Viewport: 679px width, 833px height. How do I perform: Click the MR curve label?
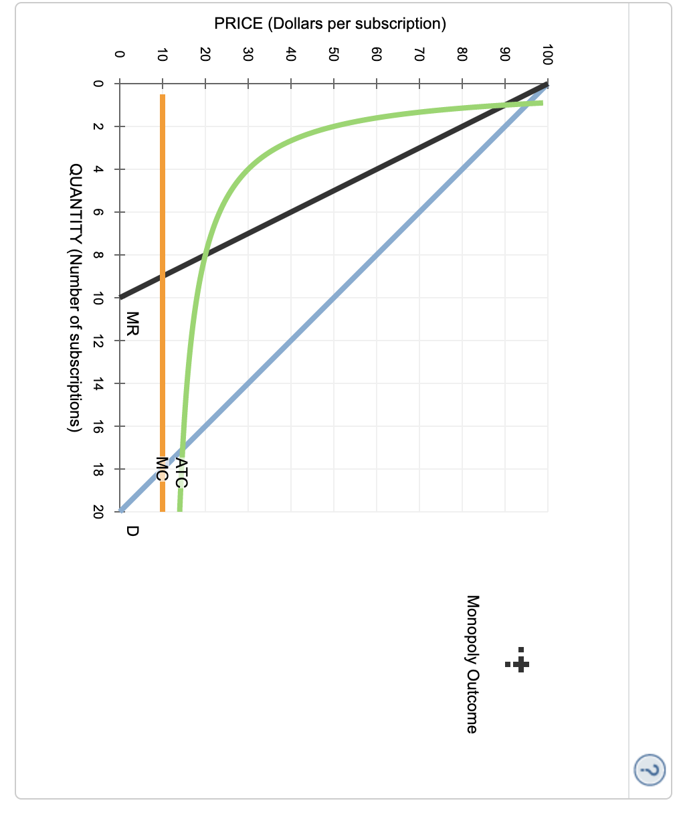click(132, 324)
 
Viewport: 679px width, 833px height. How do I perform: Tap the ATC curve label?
click(181, 473)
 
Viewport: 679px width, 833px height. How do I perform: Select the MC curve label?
click(161, 469)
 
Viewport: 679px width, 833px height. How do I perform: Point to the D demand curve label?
click(132, 531)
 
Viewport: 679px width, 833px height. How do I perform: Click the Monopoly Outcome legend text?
click(472, 664)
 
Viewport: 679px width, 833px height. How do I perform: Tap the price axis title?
click(330, 24)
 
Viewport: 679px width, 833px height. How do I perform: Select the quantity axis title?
click(76, 298)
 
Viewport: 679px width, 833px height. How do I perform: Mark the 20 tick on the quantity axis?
click(98, 512)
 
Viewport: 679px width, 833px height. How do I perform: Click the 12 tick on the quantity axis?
click(98, 341)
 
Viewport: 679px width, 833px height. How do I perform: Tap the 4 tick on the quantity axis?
click(98, 169)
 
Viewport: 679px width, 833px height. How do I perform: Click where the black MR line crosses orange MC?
click(162, 276)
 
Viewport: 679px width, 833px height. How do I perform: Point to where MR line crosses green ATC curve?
click(205, 255)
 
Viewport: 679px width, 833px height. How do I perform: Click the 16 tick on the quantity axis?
click(98, 426)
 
